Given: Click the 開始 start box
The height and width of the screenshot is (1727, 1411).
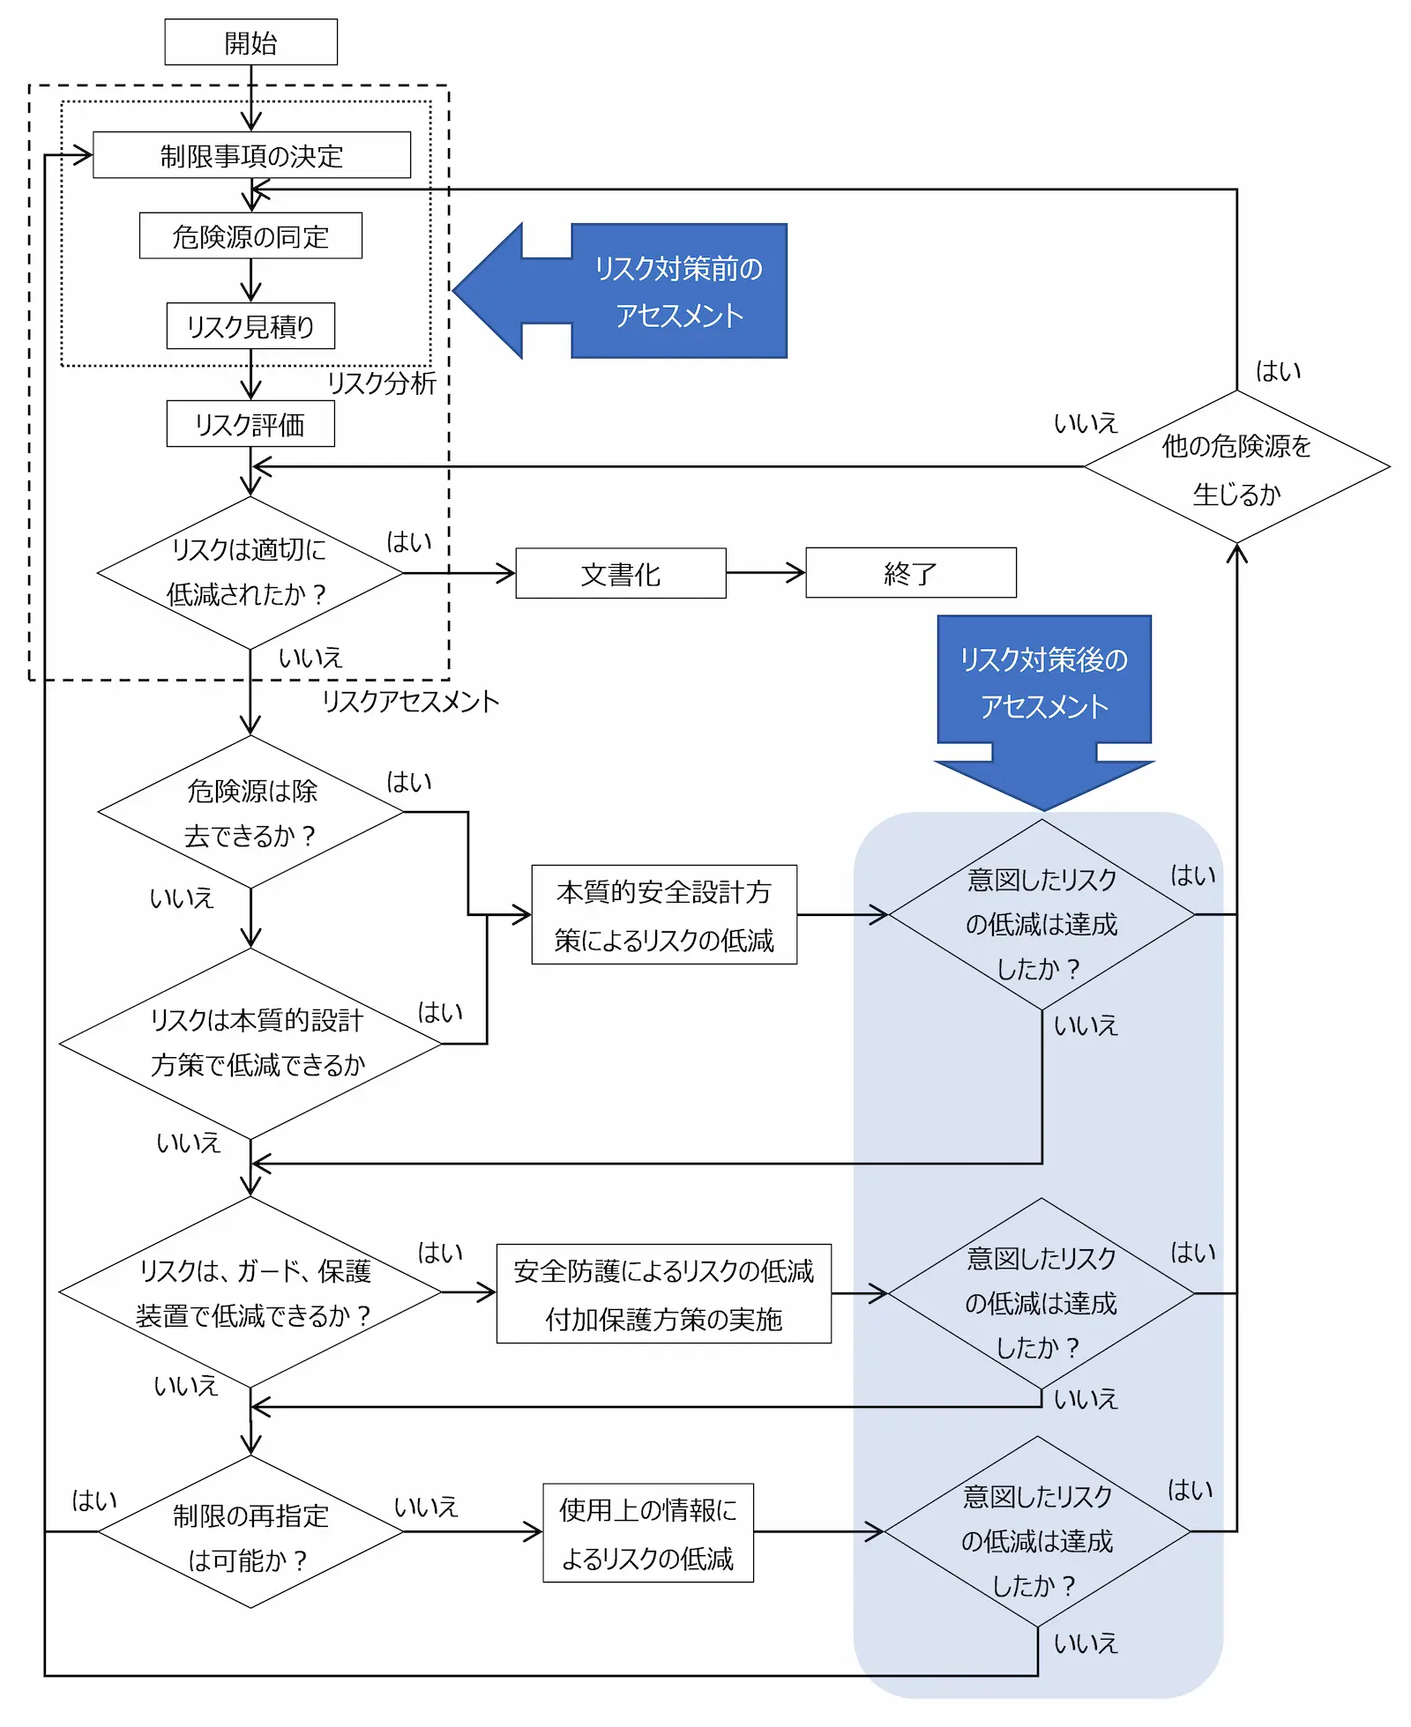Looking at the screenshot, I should pos(250,42).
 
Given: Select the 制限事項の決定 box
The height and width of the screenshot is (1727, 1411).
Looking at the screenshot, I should pos(251,155).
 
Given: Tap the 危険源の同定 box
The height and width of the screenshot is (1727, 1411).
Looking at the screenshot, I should pos(250,235).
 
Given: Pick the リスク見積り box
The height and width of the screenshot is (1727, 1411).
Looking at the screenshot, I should pos(250,326).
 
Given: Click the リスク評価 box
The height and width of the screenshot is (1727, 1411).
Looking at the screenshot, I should pos(250,424).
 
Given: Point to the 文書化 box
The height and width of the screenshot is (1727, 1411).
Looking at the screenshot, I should pos(621,574).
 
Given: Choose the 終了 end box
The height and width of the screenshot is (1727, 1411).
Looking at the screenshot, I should pos(910,573).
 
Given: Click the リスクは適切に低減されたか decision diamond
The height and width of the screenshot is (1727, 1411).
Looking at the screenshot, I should pos(250,573).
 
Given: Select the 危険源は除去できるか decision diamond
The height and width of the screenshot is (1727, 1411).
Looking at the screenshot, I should pos(250,812).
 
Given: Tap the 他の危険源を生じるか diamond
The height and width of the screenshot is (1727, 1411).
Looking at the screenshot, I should pos(1236,467).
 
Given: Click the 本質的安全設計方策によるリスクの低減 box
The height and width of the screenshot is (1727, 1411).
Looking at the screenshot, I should pos(664,915).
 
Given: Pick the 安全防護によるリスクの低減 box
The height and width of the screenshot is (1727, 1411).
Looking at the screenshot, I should pos(664,1294).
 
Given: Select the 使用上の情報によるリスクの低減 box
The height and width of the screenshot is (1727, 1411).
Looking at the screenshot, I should pos(648,1533).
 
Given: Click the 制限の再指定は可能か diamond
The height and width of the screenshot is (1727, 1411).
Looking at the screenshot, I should pos(250,1532).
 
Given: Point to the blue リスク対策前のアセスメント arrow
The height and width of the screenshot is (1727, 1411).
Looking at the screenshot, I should pos(635,291).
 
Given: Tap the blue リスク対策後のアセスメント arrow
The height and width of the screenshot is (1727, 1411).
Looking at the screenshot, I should pos(1044,696).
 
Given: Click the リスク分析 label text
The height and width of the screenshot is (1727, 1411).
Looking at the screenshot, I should pos(382,383).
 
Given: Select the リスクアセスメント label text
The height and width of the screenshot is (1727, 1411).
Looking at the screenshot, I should pos(410,702).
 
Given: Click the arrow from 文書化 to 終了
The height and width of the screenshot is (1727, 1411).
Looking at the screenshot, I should pos(765,573).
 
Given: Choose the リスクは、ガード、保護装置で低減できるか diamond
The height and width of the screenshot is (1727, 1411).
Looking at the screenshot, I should pos(250,1292).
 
